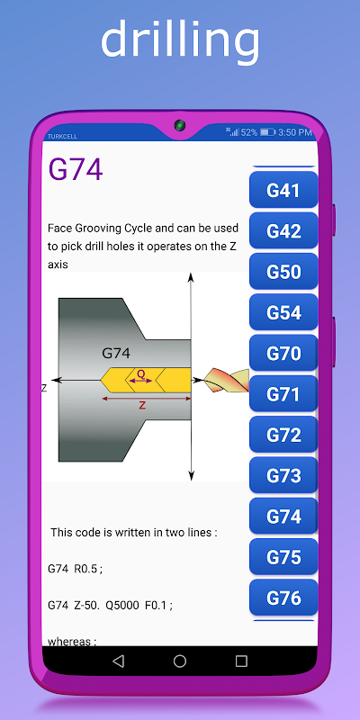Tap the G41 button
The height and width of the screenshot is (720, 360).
(283, 190)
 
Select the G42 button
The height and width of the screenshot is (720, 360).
(283, 231)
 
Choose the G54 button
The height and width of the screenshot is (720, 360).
(283, 312)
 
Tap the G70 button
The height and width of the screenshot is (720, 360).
(283, 353)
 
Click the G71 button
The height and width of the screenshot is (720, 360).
(283, 394)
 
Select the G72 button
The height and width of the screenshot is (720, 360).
(283, 435)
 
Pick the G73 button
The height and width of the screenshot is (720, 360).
(283, 475)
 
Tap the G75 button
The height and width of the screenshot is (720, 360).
(283, 557)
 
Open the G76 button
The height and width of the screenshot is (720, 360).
(283, 598)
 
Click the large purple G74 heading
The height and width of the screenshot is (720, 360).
(76, 170)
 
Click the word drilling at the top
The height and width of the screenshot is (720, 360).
(180, 40)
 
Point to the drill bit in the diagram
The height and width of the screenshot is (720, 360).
(227, 380)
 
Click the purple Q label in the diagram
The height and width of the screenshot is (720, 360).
(141, 374)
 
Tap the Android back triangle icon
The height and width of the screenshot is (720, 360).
(119, 661)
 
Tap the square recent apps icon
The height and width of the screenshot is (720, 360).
(241, 661)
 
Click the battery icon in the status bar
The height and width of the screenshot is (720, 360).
(267, 132)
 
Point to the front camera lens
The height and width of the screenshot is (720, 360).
(179, 125)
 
